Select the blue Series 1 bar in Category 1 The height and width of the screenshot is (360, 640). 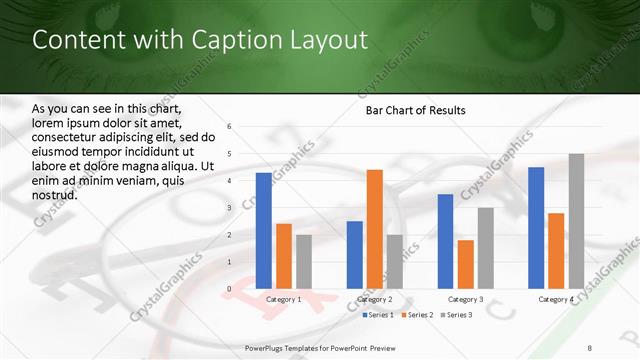(x=263, y=231)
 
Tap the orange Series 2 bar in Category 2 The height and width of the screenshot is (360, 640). (x=374, y=229)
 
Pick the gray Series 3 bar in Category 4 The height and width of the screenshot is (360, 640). (x=576, y=221)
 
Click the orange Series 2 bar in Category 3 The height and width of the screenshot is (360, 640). (x=465, y=264)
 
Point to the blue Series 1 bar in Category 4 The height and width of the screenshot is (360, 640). (x=536, y=228)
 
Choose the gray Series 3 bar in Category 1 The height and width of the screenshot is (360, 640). (x=303, y=262)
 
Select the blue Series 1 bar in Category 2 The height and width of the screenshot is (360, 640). (x=354, y=255)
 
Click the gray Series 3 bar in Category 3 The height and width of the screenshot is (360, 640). (x=485, y=248)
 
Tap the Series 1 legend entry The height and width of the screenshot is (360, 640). (x=379, y=315)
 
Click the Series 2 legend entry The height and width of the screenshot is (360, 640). (x=418, y=315)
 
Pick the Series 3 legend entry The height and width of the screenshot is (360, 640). (x=457, y=315)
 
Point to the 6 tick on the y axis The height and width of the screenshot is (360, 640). (x=230, y=127)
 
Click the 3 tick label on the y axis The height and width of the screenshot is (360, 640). (x=230, y=208)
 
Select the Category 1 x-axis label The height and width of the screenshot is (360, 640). (x=283, y=299)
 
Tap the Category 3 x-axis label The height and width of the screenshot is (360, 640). (x=465, y=299)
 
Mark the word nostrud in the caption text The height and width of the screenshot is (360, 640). (x=54, y=194)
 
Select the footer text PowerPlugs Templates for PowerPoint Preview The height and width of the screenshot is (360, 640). (x=313, y=347)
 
